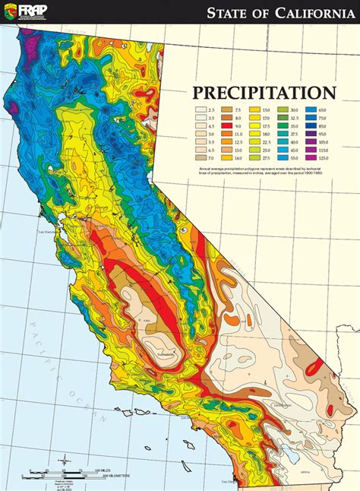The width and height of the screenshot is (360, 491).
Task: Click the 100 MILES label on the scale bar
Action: click(106, 471)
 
